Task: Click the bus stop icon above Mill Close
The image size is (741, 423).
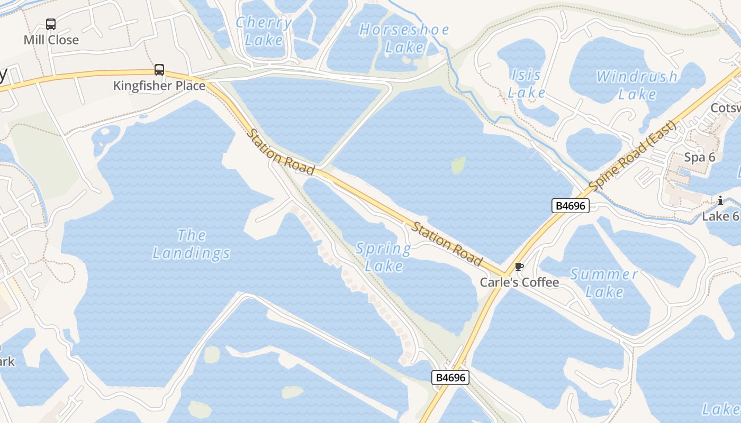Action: tap(51, 24)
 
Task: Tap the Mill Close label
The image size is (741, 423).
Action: tap(51, 40)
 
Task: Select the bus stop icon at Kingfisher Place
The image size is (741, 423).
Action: tap(159, 70)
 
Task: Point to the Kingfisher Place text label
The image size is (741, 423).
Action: tap(159, 86)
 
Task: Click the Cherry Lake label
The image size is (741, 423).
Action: tap(264, 31)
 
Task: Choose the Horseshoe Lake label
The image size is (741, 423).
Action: tap(404, 38)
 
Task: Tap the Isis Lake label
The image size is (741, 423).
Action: tap(527, 84)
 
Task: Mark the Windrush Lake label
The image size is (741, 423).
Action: tap(637, 85)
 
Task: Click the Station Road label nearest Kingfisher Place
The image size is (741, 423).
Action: tap(281, 152)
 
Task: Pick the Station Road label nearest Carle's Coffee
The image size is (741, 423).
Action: tap(447, 244)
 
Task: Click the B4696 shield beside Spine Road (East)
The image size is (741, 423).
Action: tap(570, 206)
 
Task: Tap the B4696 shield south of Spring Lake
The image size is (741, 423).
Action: tap(451, 378)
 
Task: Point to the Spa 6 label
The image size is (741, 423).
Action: tap(700, 157)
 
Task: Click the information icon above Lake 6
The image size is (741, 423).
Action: tap(720, 200)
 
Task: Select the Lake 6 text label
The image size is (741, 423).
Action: tap(720, 216)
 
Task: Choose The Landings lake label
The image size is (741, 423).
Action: tap(192, 244)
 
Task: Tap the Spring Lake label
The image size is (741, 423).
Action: tap(384, 257)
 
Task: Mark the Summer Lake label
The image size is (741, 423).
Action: tap(604, 283)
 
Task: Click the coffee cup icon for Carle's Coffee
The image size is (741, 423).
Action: tap(519, 267)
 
